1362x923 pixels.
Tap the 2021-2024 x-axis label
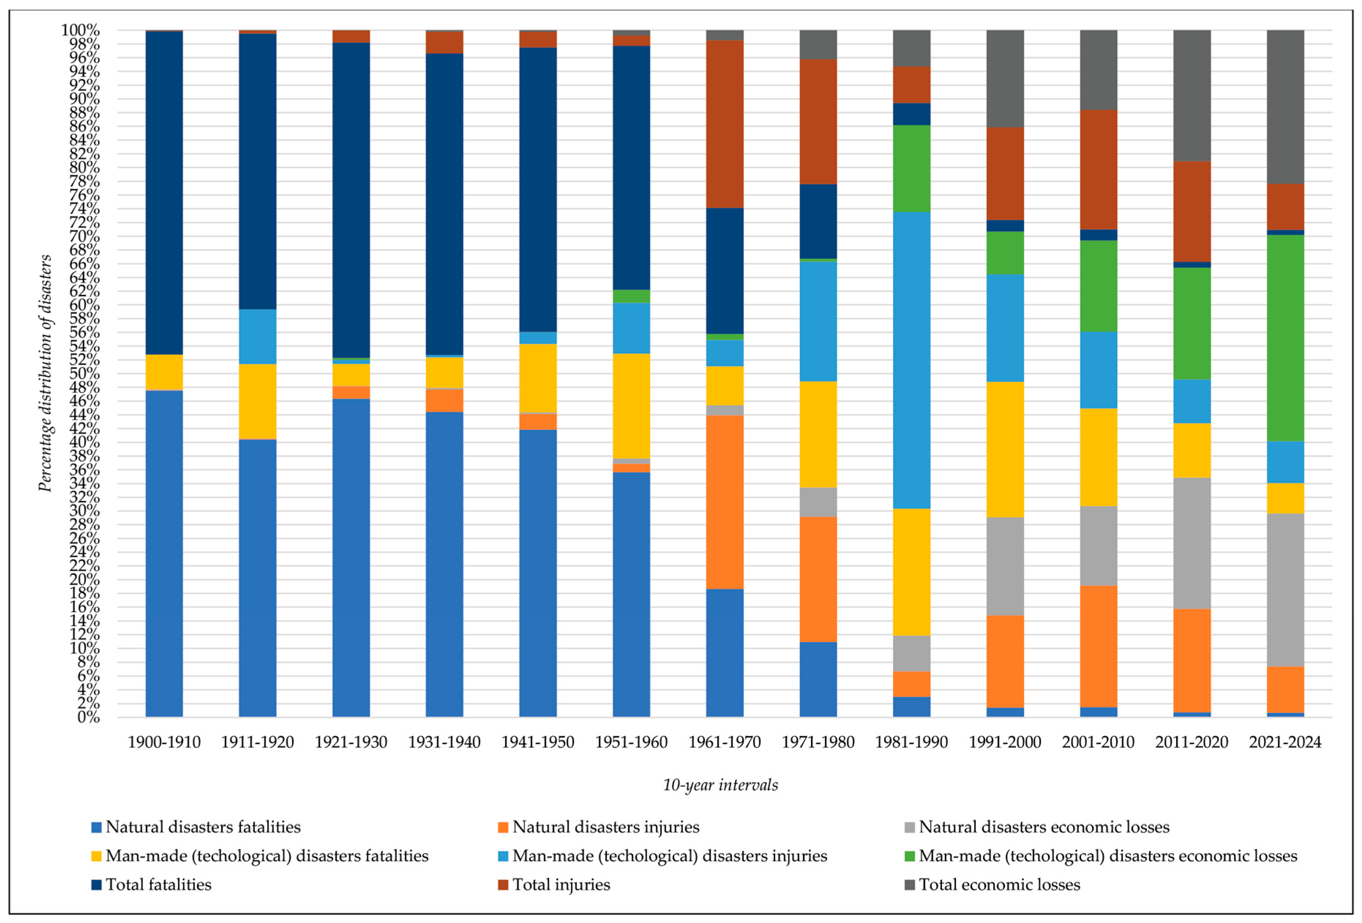(1285, 743)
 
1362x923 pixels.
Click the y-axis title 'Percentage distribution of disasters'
(45, 373)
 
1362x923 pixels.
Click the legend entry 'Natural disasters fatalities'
(203, 827)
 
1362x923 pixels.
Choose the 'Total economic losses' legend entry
(999, 884)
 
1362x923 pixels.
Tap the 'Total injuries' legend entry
(561, 884)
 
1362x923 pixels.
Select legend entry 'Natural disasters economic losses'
(1044, 827)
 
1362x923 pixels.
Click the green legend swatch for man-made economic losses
(909, 856)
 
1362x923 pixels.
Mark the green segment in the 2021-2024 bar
(1285, 338)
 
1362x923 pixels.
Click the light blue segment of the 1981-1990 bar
(911, 360)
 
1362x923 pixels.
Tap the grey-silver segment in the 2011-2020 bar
(1192, 543)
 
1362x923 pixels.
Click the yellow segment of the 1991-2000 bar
(1005, 450)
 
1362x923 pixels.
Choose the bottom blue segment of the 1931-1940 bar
(444, 564)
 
